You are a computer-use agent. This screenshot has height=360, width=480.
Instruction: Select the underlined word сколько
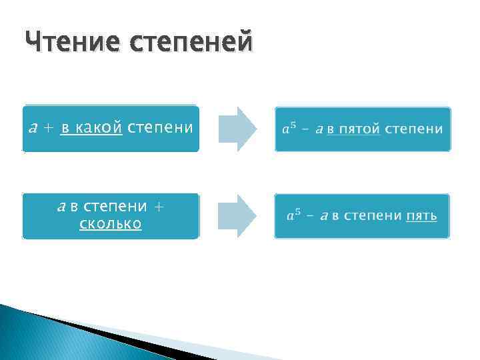[x=111, y=224]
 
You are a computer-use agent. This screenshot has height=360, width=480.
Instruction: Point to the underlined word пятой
[x=359, y=129]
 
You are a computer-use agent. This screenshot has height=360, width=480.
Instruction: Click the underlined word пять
[x=422, y=215]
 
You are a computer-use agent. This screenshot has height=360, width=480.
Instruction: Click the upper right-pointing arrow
[x=237, y=129]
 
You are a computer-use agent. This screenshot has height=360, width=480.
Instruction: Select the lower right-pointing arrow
[x=237, y=215]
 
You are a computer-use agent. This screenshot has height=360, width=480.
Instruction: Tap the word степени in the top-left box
[x=160, y=128]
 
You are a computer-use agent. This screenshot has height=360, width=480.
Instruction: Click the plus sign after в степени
[x=158, y=207]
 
